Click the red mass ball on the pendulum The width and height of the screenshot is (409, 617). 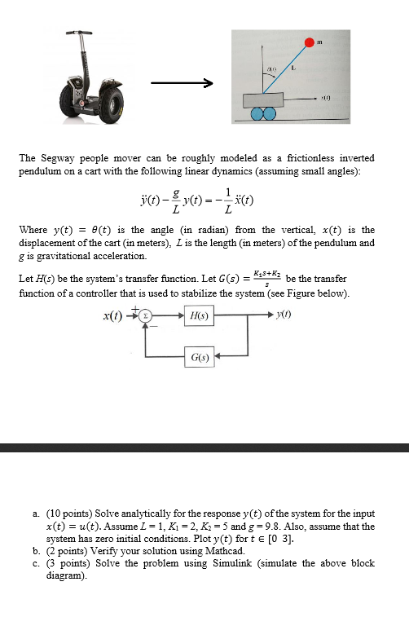[310, 42]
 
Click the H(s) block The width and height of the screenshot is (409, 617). [198, 315]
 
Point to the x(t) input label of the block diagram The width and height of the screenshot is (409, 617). [121, 315]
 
